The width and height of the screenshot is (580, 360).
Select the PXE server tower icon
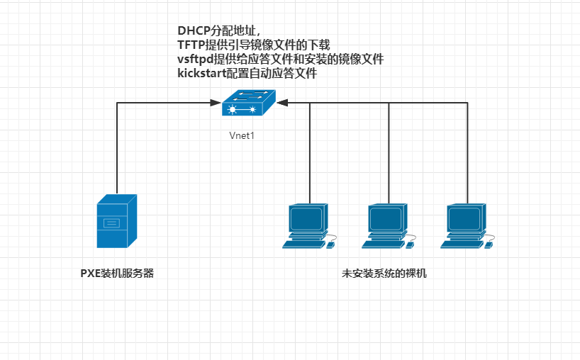(116, 220)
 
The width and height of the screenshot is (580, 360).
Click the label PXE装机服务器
(117, 274)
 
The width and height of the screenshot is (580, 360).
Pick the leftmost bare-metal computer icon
(308, 227)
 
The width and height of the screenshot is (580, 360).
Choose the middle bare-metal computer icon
(387, 227)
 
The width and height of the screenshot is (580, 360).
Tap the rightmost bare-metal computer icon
(467, 227)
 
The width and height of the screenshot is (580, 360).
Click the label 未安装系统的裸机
(384, 274)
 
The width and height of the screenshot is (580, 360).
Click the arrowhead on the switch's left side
(217, 103)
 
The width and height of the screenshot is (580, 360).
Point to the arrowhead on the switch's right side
(282, 103)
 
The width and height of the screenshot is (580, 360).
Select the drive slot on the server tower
(112, 224)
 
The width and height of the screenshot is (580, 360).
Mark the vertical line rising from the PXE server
(117, 149)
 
